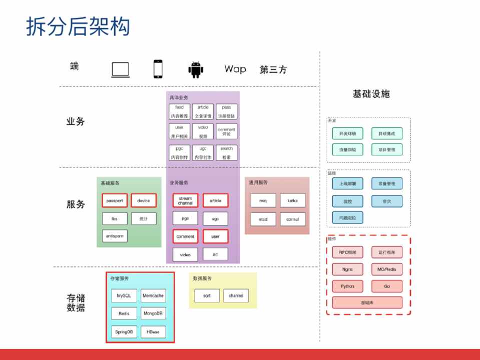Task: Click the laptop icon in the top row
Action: (x=121, y=69)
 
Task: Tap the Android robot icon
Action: (x=196, y=69)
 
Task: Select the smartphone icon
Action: (x=158, y=69)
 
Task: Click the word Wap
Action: (x=235, y=69)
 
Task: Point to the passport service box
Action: (x=115, y=200)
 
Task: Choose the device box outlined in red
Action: (x=144, y=200)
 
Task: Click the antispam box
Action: (x=115, y=235)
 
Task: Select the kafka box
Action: (x=292, y=200)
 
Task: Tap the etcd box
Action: (x=263, y=219)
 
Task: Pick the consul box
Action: (x=292, y=219)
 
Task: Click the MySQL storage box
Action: (x=124, y=295)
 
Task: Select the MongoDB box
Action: (x=153, y=313)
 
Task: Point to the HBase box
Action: (x=153, y=331)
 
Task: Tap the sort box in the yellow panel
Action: (x=207, y=295)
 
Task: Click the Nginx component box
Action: (x=347, y=269)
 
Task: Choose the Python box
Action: (x=347, y=286)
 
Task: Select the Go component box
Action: (x=387, y=286)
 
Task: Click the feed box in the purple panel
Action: (x=179, y=111)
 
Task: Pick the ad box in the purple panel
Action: (x=215, y=254)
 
